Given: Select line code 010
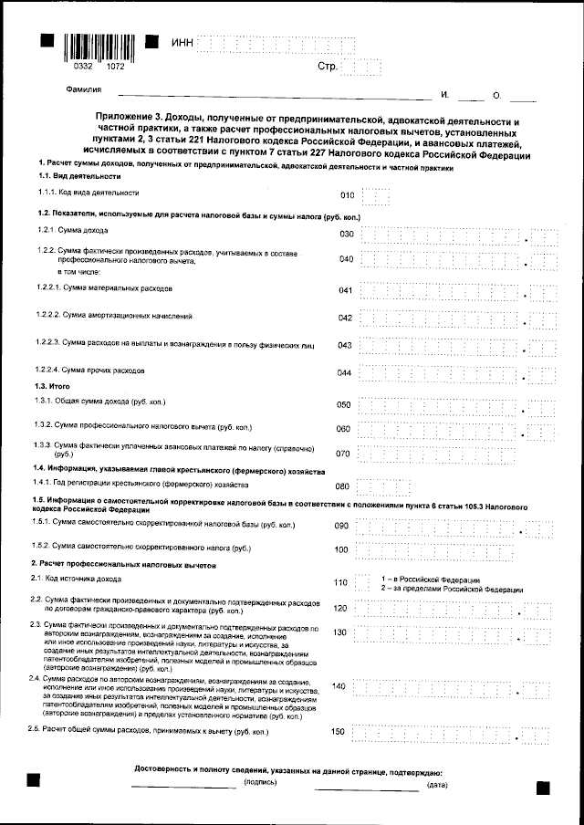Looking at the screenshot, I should click(x=346, y=194).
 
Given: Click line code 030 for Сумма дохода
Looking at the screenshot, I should click(x=346, y=234).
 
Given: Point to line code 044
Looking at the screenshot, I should click(x=345, y=373).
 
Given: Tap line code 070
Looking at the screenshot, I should click(x=344, y=454).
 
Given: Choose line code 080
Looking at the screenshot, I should click(x=344, y=486).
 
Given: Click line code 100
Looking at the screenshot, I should click(x=341, y=550).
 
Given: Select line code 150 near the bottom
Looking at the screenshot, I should click(x=339, y=732).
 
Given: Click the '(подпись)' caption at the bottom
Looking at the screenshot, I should click(x=259, y=783).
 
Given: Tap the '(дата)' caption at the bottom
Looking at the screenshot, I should click(x=437, y=783).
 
